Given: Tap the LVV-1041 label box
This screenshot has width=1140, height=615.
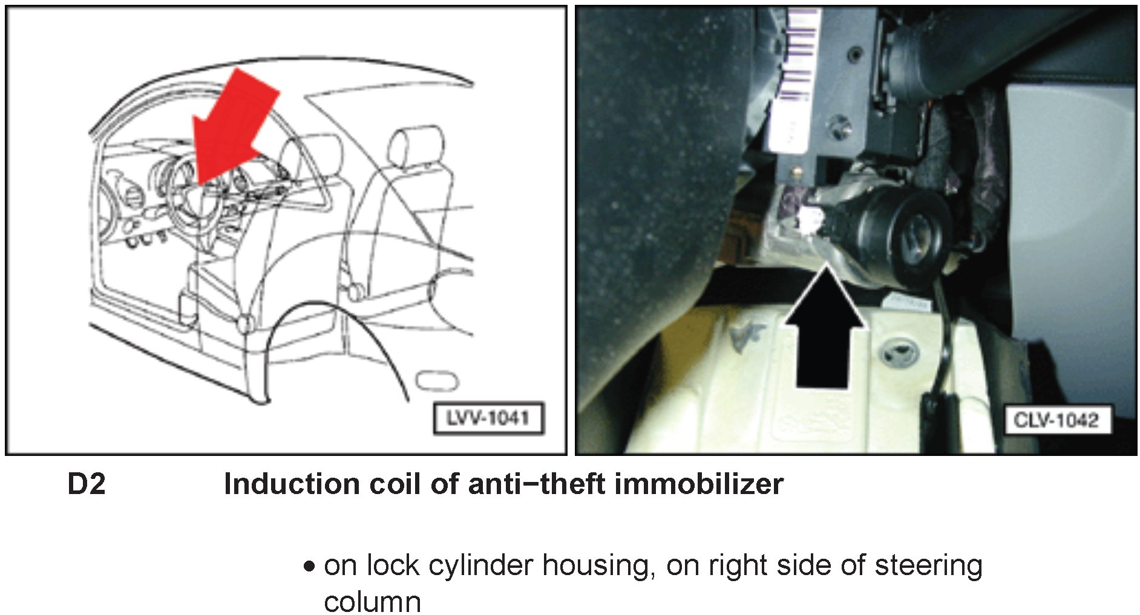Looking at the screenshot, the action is (x=488, y=418).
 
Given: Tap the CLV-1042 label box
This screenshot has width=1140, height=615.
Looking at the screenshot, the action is (x=1056, y=420).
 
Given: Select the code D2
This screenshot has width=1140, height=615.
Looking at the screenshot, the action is (x=86, y=484).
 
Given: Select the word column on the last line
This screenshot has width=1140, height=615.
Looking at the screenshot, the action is (x=372, y=602).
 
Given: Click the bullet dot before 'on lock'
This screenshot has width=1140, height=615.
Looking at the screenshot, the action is (x=310, y=567).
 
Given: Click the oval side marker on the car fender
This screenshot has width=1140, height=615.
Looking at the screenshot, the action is (x=437, y=382).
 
